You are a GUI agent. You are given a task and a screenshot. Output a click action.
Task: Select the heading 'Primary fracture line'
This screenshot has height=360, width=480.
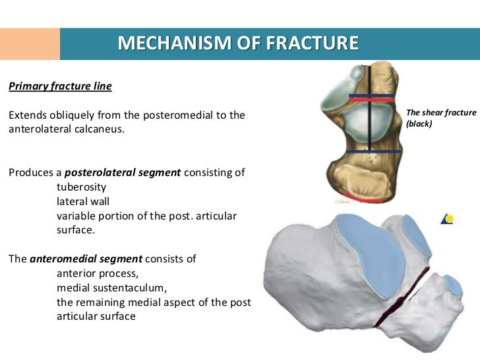point(60,86)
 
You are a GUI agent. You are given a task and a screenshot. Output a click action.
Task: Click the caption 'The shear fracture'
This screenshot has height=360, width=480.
point(441,113)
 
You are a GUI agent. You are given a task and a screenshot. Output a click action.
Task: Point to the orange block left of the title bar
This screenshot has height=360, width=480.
point(30,44)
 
